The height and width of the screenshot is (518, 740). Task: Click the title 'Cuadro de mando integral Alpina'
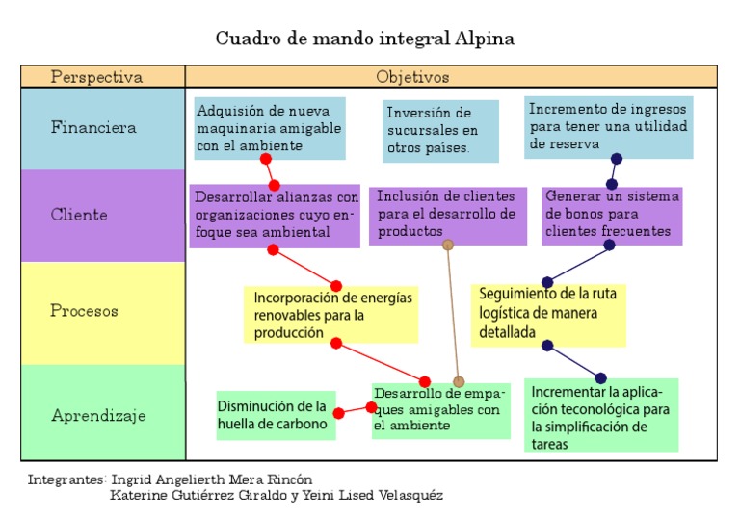click(x=364, y=39)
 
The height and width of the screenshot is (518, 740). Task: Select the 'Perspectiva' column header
click(x=96, y=77)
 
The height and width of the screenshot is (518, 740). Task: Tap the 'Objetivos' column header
click(x=412, y=77)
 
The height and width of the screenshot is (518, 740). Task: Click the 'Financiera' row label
click(x=93, y=127)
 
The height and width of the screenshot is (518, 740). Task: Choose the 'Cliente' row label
click(x=79, y=215)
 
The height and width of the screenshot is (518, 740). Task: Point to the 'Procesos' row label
click(x=84, y=311)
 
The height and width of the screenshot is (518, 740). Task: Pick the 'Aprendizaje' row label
click(x=98, y=416)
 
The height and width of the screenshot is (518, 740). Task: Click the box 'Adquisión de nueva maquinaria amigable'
click(x=269, y=127)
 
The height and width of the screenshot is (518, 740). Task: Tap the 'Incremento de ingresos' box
click(x=608, y=126)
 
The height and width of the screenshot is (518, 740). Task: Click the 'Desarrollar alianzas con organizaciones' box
click(x=275, y=215)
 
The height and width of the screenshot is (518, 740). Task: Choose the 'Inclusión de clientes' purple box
click(x=447, y=214)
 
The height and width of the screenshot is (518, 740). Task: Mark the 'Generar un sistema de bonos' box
click(x=612, y=214)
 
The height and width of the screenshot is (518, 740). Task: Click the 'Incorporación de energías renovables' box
click(x=330, y=315)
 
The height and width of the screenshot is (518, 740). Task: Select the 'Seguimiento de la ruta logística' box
click(x=547, y=314)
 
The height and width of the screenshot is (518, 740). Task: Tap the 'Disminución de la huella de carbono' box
click(x=275, y=414)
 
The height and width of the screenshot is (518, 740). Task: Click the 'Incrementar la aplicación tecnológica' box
click(x=602, y=416)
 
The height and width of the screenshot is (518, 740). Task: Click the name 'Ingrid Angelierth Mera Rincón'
click(x=212, y=479)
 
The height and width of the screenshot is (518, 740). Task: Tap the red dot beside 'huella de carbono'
click(x=338, y=413)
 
